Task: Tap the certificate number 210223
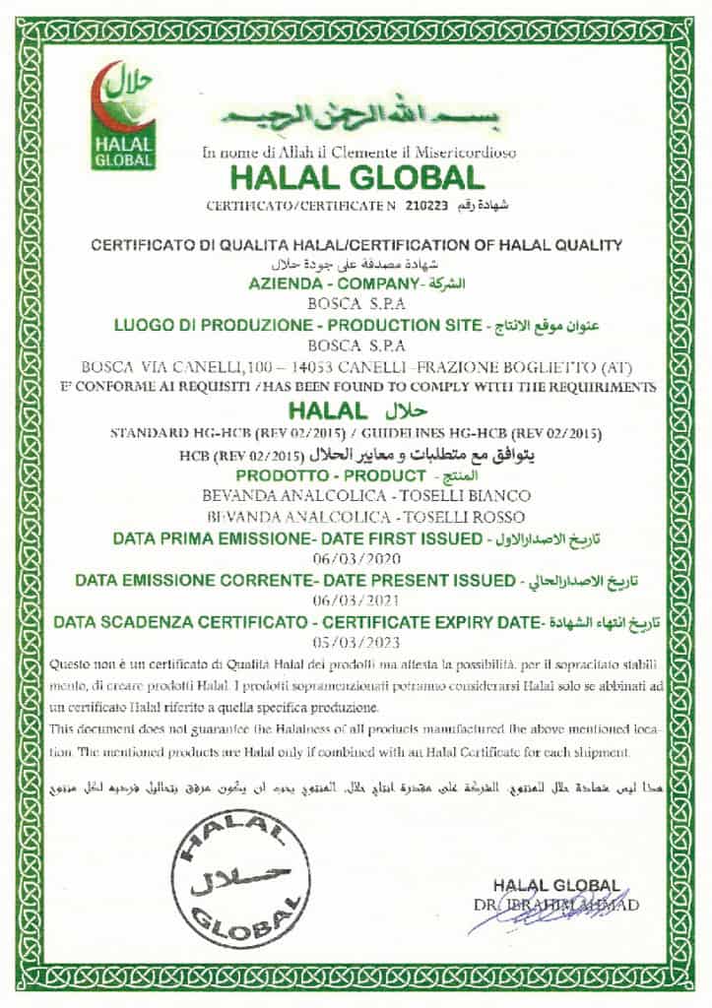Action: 430,206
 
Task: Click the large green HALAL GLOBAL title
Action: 356,178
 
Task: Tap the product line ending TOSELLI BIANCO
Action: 356,494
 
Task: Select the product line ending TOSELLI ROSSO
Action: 356,516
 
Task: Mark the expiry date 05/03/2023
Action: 356,643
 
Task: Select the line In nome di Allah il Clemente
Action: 358,153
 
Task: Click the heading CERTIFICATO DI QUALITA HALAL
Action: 356,245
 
